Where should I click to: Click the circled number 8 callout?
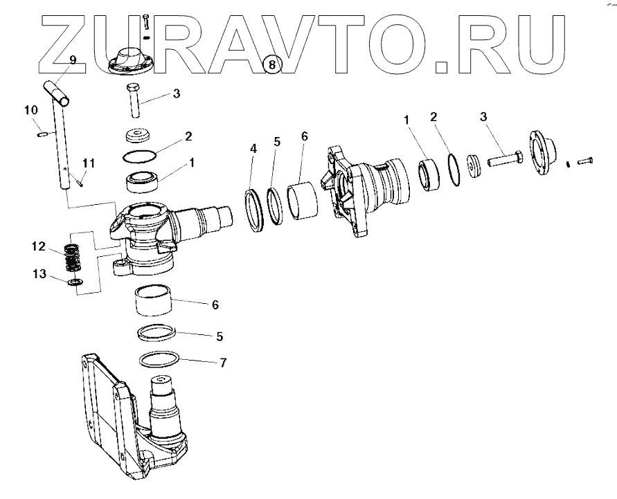click(271, 64)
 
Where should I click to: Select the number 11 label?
click(88, 163)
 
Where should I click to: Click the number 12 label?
click(38, 246)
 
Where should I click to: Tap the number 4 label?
click(253, 148)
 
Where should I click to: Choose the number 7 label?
click(222, 362)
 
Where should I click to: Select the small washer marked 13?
click(75, 282)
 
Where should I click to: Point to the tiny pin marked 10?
click(42, 134)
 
